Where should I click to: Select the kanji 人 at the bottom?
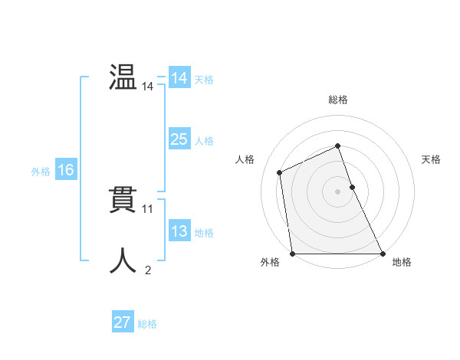coord(123,260)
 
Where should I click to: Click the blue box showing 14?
coord(179,78)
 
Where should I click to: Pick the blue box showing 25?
coord(179,139)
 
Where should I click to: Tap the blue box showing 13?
coord(179,231)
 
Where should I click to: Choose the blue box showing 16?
coord(66,170)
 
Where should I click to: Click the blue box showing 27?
coord(123,322)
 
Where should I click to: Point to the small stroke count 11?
coord(148,208)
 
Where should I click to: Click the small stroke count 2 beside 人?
coord(148,270)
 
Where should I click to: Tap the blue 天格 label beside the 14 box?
coord(204,80)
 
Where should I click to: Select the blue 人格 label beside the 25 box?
coord(204,141)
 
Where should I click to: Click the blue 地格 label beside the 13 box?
coord(204,233)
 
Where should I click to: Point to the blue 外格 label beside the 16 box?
coord(41,172)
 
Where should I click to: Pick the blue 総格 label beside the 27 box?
coord(147,324)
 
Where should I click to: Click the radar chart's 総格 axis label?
coord(337,100)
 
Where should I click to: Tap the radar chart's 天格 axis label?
coord(432,159)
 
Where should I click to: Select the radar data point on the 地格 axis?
coord(383,254)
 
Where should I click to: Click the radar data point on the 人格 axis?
coord(280,172)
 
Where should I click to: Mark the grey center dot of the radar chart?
coord(337,191)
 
